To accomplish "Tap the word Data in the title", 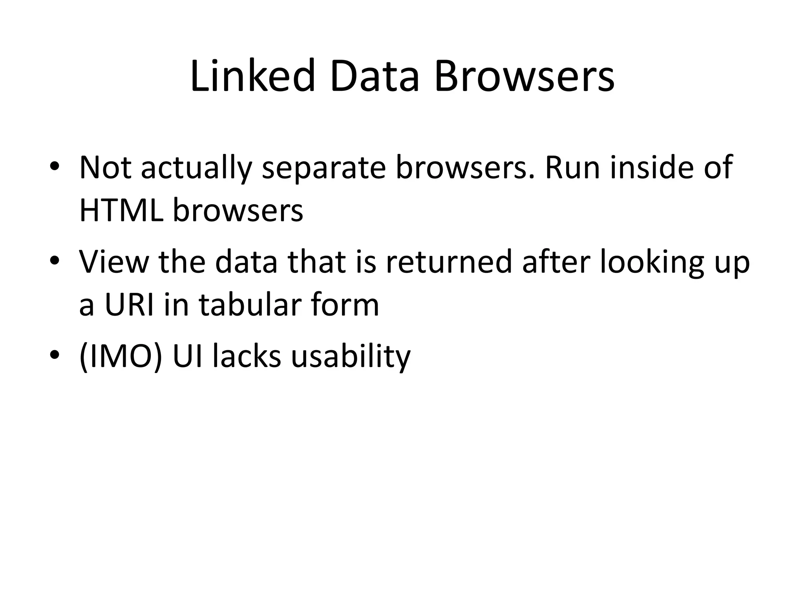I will [375, 76].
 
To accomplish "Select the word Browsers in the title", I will [524, 76].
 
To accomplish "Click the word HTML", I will [121, 210].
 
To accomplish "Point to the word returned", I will [449, 262].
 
